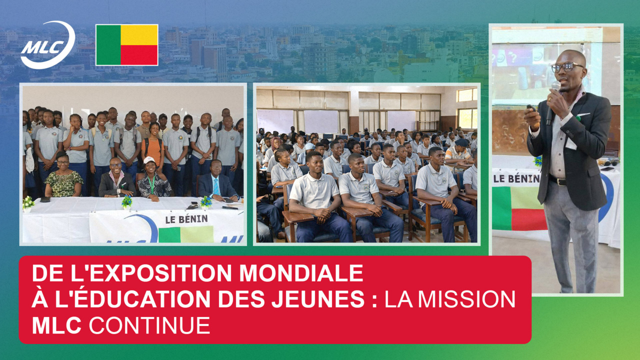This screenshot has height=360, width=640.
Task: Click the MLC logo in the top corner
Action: [x=48, y=45]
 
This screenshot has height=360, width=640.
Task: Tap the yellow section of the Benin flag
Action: [x=139, y=35]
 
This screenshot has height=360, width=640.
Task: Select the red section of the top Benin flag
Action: [x=139, y=55]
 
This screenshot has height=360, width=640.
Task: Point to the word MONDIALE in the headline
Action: [x=301, y=273]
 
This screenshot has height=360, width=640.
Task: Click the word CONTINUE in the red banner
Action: [x=149, y=325]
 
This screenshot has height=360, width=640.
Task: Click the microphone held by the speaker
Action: [x=553, y=102]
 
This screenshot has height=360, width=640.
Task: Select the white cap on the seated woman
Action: [x=149, y=159]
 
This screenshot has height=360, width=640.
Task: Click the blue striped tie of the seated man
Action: [x=216, y=186]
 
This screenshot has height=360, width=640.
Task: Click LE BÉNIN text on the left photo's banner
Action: [x=186, y=219]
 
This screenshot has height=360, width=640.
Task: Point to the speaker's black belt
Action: [x=557, y=180]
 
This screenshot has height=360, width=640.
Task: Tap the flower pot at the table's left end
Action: [x=28, y=204]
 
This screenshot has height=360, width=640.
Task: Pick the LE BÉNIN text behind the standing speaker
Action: [x=516, y=178]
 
